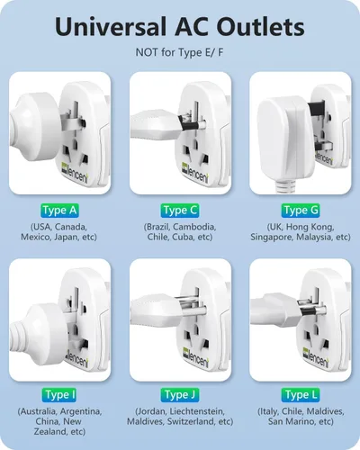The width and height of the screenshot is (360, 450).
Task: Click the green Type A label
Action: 59,211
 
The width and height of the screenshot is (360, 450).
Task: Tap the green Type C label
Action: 180,211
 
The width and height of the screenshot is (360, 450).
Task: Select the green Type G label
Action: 301,211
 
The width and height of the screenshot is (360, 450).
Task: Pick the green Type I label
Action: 59,395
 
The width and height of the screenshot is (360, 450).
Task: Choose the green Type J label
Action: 180,395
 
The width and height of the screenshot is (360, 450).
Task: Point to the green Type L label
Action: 301,395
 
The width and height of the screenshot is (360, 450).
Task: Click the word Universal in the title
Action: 111,27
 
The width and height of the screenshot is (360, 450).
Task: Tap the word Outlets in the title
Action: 260,27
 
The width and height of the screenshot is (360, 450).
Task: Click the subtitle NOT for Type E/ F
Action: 180,52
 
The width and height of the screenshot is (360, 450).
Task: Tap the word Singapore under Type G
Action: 272,238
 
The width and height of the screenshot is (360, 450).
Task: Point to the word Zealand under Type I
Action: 50,432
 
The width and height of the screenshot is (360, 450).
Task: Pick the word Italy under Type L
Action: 269,411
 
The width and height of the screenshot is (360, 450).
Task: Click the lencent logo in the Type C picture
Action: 194,173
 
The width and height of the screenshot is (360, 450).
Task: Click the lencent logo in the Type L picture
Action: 315,357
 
